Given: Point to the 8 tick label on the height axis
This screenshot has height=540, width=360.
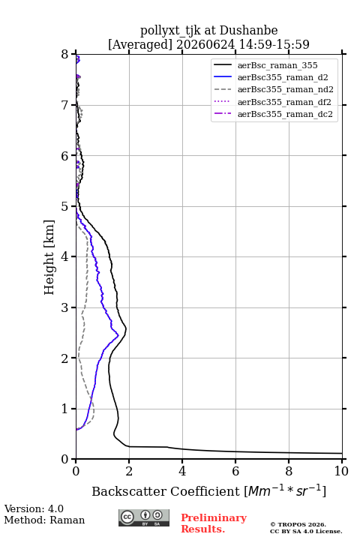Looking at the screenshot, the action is point(65,54).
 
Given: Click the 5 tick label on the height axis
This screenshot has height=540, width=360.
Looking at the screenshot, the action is point(65,206).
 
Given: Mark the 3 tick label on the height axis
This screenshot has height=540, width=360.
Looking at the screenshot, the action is point(65,307).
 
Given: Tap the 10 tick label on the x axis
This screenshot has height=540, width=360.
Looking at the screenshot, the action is point(341,471).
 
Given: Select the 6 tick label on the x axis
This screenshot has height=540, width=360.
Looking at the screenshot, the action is point(235,471).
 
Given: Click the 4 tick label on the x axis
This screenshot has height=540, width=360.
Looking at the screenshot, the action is point(182,471).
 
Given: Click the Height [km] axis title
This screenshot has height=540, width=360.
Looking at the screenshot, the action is point(49,257).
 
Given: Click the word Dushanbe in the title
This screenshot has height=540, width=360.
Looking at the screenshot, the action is point(248,31).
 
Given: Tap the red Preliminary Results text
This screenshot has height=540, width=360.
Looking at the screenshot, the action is point(214,523).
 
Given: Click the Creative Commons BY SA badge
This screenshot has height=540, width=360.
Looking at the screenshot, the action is point(144,518).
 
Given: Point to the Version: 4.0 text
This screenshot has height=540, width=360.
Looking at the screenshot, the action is point(34,508).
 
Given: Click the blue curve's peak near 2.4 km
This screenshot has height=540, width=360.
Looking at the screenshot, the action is point(118,334).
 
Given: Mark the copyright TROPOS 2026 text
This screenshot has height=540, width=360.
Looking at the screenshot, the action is point(298,524).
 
